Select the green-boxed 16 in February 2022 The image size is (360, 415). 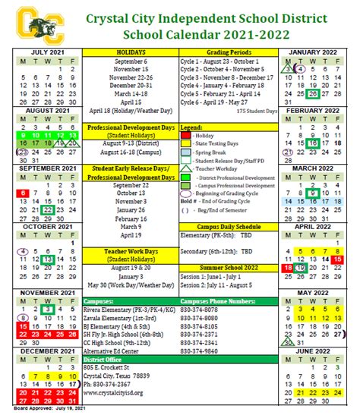coord(312,143)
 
